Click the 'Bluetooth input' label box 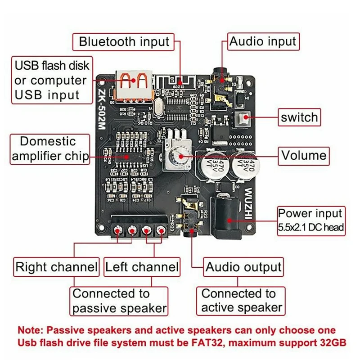[x=124, y=42]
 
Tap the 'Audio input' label [x=263, y=42]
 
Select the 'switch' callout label [x=299, y=118]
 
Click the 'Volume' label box [x=304, y=155]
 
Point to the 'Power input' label [x=310, y=213]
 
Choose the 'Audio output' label [x=243, y=267]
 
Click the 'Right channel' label [x=56, y=267]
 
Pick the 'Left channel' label [x=142, y=267]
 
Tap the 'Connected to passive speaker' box [x=119, y=301]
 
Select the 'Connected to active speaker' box [x=242, y=301]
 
